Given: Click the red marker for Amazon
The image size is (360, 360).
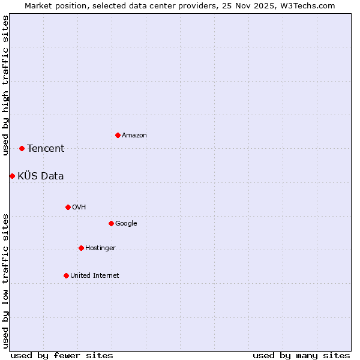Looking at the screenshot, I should [118, 135].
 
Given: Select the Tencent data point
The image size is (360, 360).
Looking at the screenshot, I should [22, 148].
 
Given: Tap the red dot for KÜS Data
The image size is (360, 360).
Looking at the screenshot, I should [12, 176].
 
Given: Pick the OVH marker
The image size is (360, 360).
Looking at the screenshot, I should [68, 207].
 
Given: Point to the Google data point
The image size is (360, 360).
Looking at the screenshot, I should [111, 223].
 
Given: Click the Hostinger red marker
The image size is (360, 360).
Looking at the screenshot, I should [81, 248].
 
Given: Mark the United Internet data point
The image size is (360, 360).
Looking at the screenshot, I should [66, 275].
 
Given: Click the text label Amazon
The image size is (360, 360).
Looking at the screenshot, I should [134, 136].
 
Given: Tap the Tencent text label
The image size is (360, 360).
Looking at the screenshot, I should [46, 149].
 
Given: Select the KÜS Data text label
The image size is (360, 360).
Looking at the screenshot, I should [41, 176].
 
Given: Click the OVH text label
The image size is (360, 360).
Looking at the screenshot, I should [79, 208].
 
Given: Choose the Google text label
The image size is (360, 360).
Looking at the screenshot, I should [126, 224].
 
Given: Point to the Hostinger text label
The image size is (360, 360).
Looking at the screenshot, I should [100, 248].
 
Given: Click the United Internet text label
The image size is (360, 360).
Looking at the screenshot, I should [95, 276].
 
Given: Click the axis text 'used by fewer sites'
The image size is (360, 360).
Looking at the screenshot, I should [62, 355].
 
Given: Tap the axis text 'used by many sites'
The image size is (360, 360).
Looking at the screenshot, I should [301, 355].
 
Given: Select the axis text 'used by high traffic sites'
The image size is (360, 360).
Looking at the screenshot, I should [5, 85].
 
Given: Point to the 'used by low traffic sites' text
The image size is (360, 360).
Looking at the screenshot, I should [5, 280].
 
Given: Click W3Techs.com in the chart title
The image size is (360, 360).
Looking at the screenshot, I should [309, 5].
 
